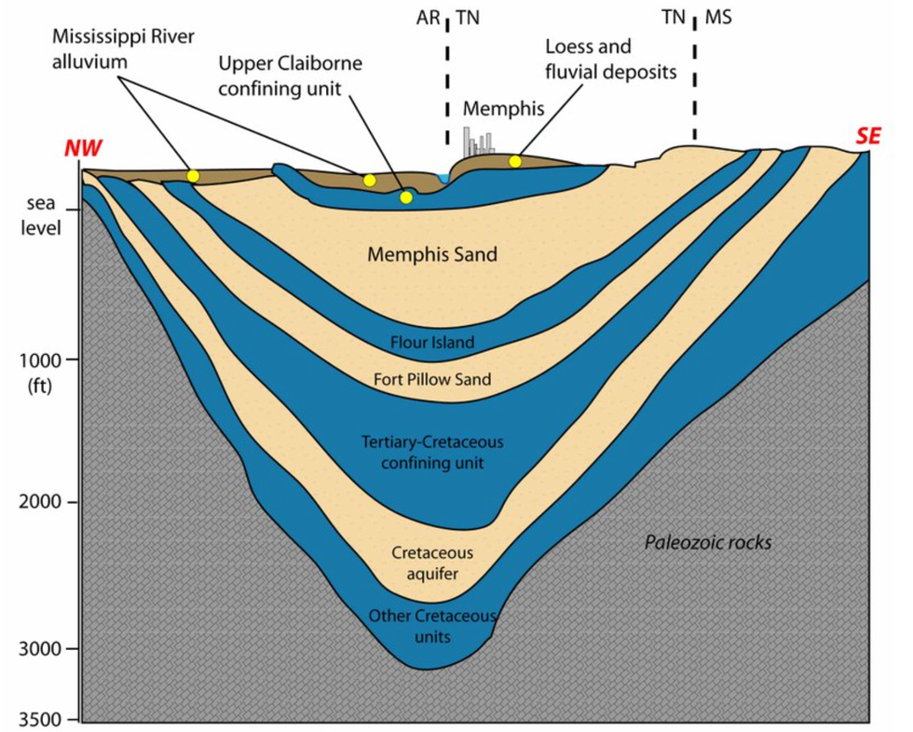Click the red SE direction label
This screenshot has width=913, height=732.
tap(868, 136)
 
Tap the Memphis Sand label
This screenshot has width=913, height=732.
tap(432, 253)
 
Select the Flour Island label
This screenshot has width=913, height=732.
tap(433, 342)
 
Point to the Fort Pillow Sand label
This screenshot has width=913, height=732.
tap(432, 380)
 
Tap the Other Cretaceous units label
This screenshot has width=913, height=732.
tap(433, 626)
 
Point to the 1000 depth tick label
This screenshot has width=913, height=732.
tap(43, 360)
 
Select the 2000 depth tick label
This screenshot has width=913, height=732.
tap(43, 503)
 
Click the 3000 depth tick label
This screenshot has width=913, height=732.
tap(43, 649)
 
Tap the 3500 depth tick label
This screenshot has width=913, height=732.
tap(43, 720)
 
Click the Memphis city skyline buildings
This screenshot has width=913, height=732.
tap(479, 141)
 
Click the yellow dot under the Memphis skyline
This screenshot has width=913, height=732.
tap(515, 162)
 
